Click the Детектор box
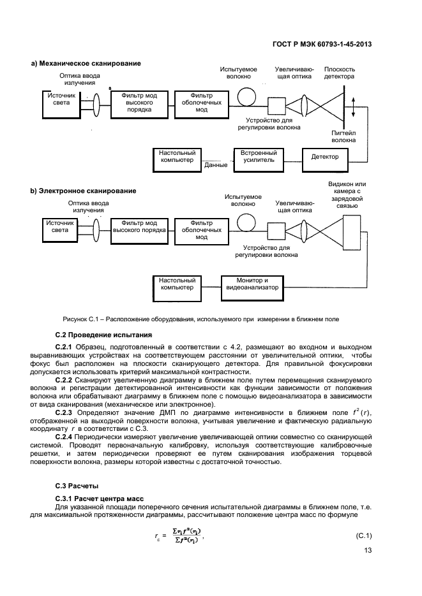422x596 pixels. [x=324, y=157]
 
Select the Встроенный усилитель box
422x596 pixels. [x=259, y=157]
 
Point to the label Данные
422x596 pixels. [x=216, y=166]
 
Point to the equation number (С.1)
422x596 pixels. [x=364, y=535]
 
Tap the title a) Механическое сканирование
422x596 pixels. [x=86, y=63]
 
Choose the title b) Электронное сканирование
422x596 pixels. [x=83, y=191]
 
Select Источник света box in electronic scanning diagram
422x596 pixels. [x=59, y=227]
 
